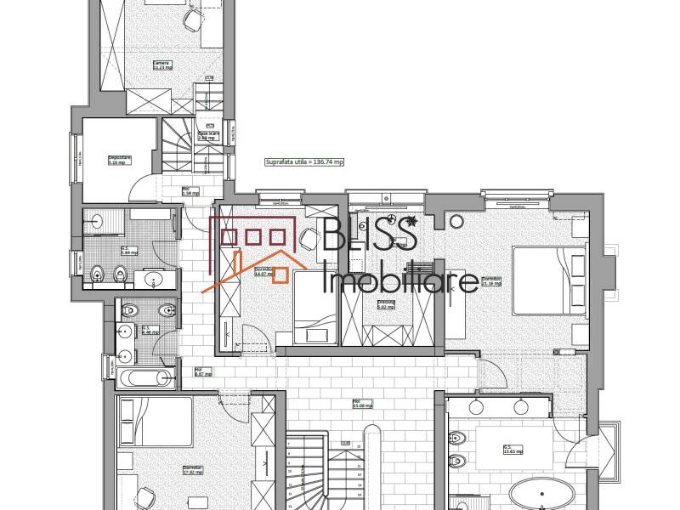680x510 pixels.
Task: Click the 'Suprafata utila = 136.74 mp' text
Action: [x=304, y=161]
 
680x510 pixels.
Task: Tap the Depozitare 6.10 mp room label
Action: [x=119, y=159]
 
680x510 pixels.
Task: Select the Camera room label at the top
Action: [x=161, y=65]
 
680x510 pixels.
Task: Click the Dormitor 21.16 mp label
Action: [x=491, y=280]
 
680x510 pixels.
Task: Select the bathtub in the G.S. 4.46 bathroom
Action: [x=143, y=377]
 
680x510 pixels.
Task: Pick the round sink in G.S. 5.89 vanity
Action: [x=153, y=279]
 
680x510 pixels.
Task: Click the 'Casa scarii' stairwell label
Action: [x=209, y=135]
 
